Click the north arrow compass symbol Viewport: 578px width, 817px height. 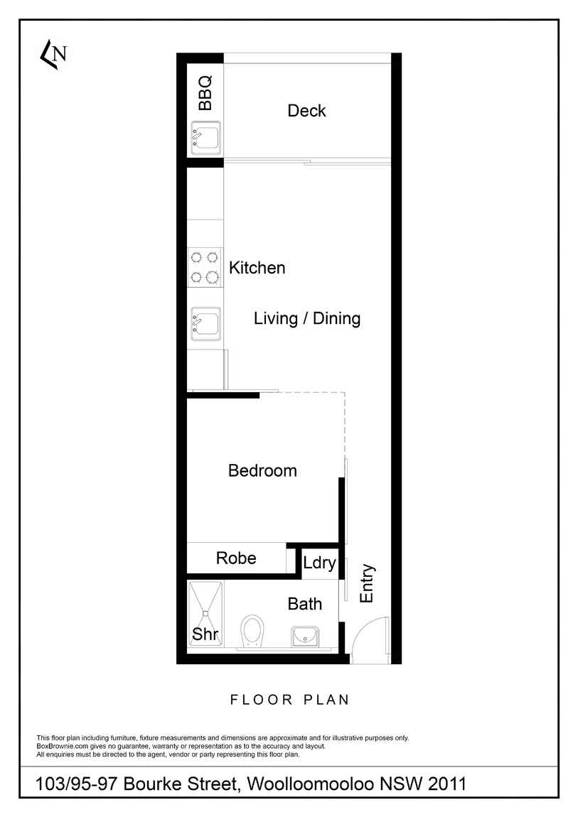click(x=54, y=54)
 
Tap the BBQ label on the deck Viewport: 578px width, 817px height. click(x=205, y=93)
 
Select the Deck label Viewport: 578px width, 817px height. click(x=306, y=110)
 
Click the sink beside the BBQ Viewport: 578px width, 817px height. click(x=206, y=138)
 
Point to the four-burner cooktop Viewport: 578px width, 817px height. click(x=205, y=267)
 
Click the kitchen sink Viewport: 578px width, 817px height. click(x=206, y=323)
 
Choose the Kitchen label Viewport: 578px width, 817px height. click(x=257, y=268)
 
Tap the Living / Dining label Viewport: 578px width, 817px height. click(x=307, y=318)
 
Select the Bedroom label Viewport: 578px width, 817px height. click(x=262, y=470)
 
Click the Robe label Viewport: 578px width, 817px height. click(x=236, y=558)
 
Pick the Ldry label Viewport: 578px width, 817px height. click(x=319, y=563)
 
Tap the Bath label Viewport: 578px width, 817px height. click(x=305, y=604)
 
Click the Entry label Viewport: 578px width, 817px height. click(x=367, y=583)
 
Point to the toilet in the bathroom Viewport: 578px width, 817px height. click(x=253, y=632)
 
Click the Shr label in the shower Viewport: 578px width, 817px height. click(x=205, y=634)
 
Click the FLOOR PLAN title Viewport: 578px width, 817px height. click(x=289, y=700)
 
